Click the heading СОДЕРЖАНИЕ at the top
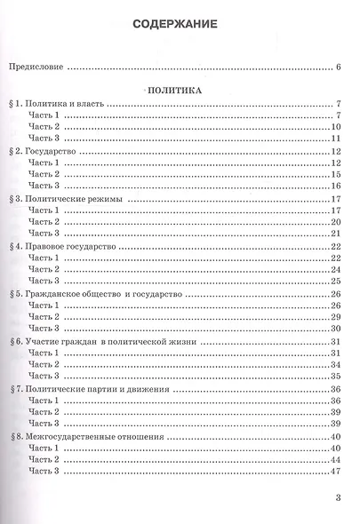click(x=180, y=25)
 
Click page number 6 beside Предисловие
click(x=340, y=67)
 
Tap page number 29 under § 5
click(x=337, y=317)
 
